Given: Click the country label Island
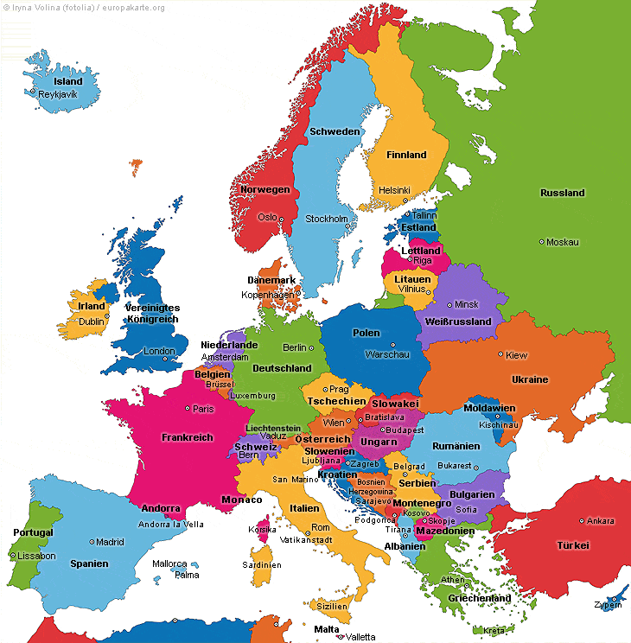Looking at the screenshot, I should coord(68,81).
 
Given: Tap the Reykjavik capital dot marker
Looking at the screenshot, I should coord(33,92).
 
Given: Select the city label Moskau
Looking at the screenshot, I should coord(563,242).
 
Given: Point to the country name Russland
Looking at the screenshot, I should coord(562,193).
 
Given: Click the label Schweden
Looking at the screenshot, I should coord(335,131).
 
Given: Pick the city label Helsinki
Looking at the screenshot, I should coord(394,190).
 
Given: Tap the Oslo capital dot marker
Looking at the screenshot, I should coord(282,218).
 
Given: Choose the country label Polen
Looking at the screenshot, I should coord(366,333).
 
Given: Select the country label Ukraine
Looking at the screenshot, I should coord(529,379).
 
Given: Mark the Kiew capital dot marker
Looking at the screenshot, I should coord(500,353).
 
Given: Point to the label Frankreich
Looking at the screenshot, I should coord(187,437).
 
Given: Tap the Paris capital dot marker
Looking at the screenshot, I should coord(187,409).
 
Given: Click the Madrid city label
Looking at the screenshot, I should coord(110,542).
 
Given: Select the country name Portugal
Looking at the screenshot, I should coord(33,532).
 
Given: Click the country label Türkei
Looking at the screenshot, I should coord(572,545).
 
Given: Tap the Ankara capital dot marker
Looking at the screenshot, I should coord(581,521).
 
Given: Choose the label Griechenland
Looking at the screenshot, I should coord(479,598).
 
